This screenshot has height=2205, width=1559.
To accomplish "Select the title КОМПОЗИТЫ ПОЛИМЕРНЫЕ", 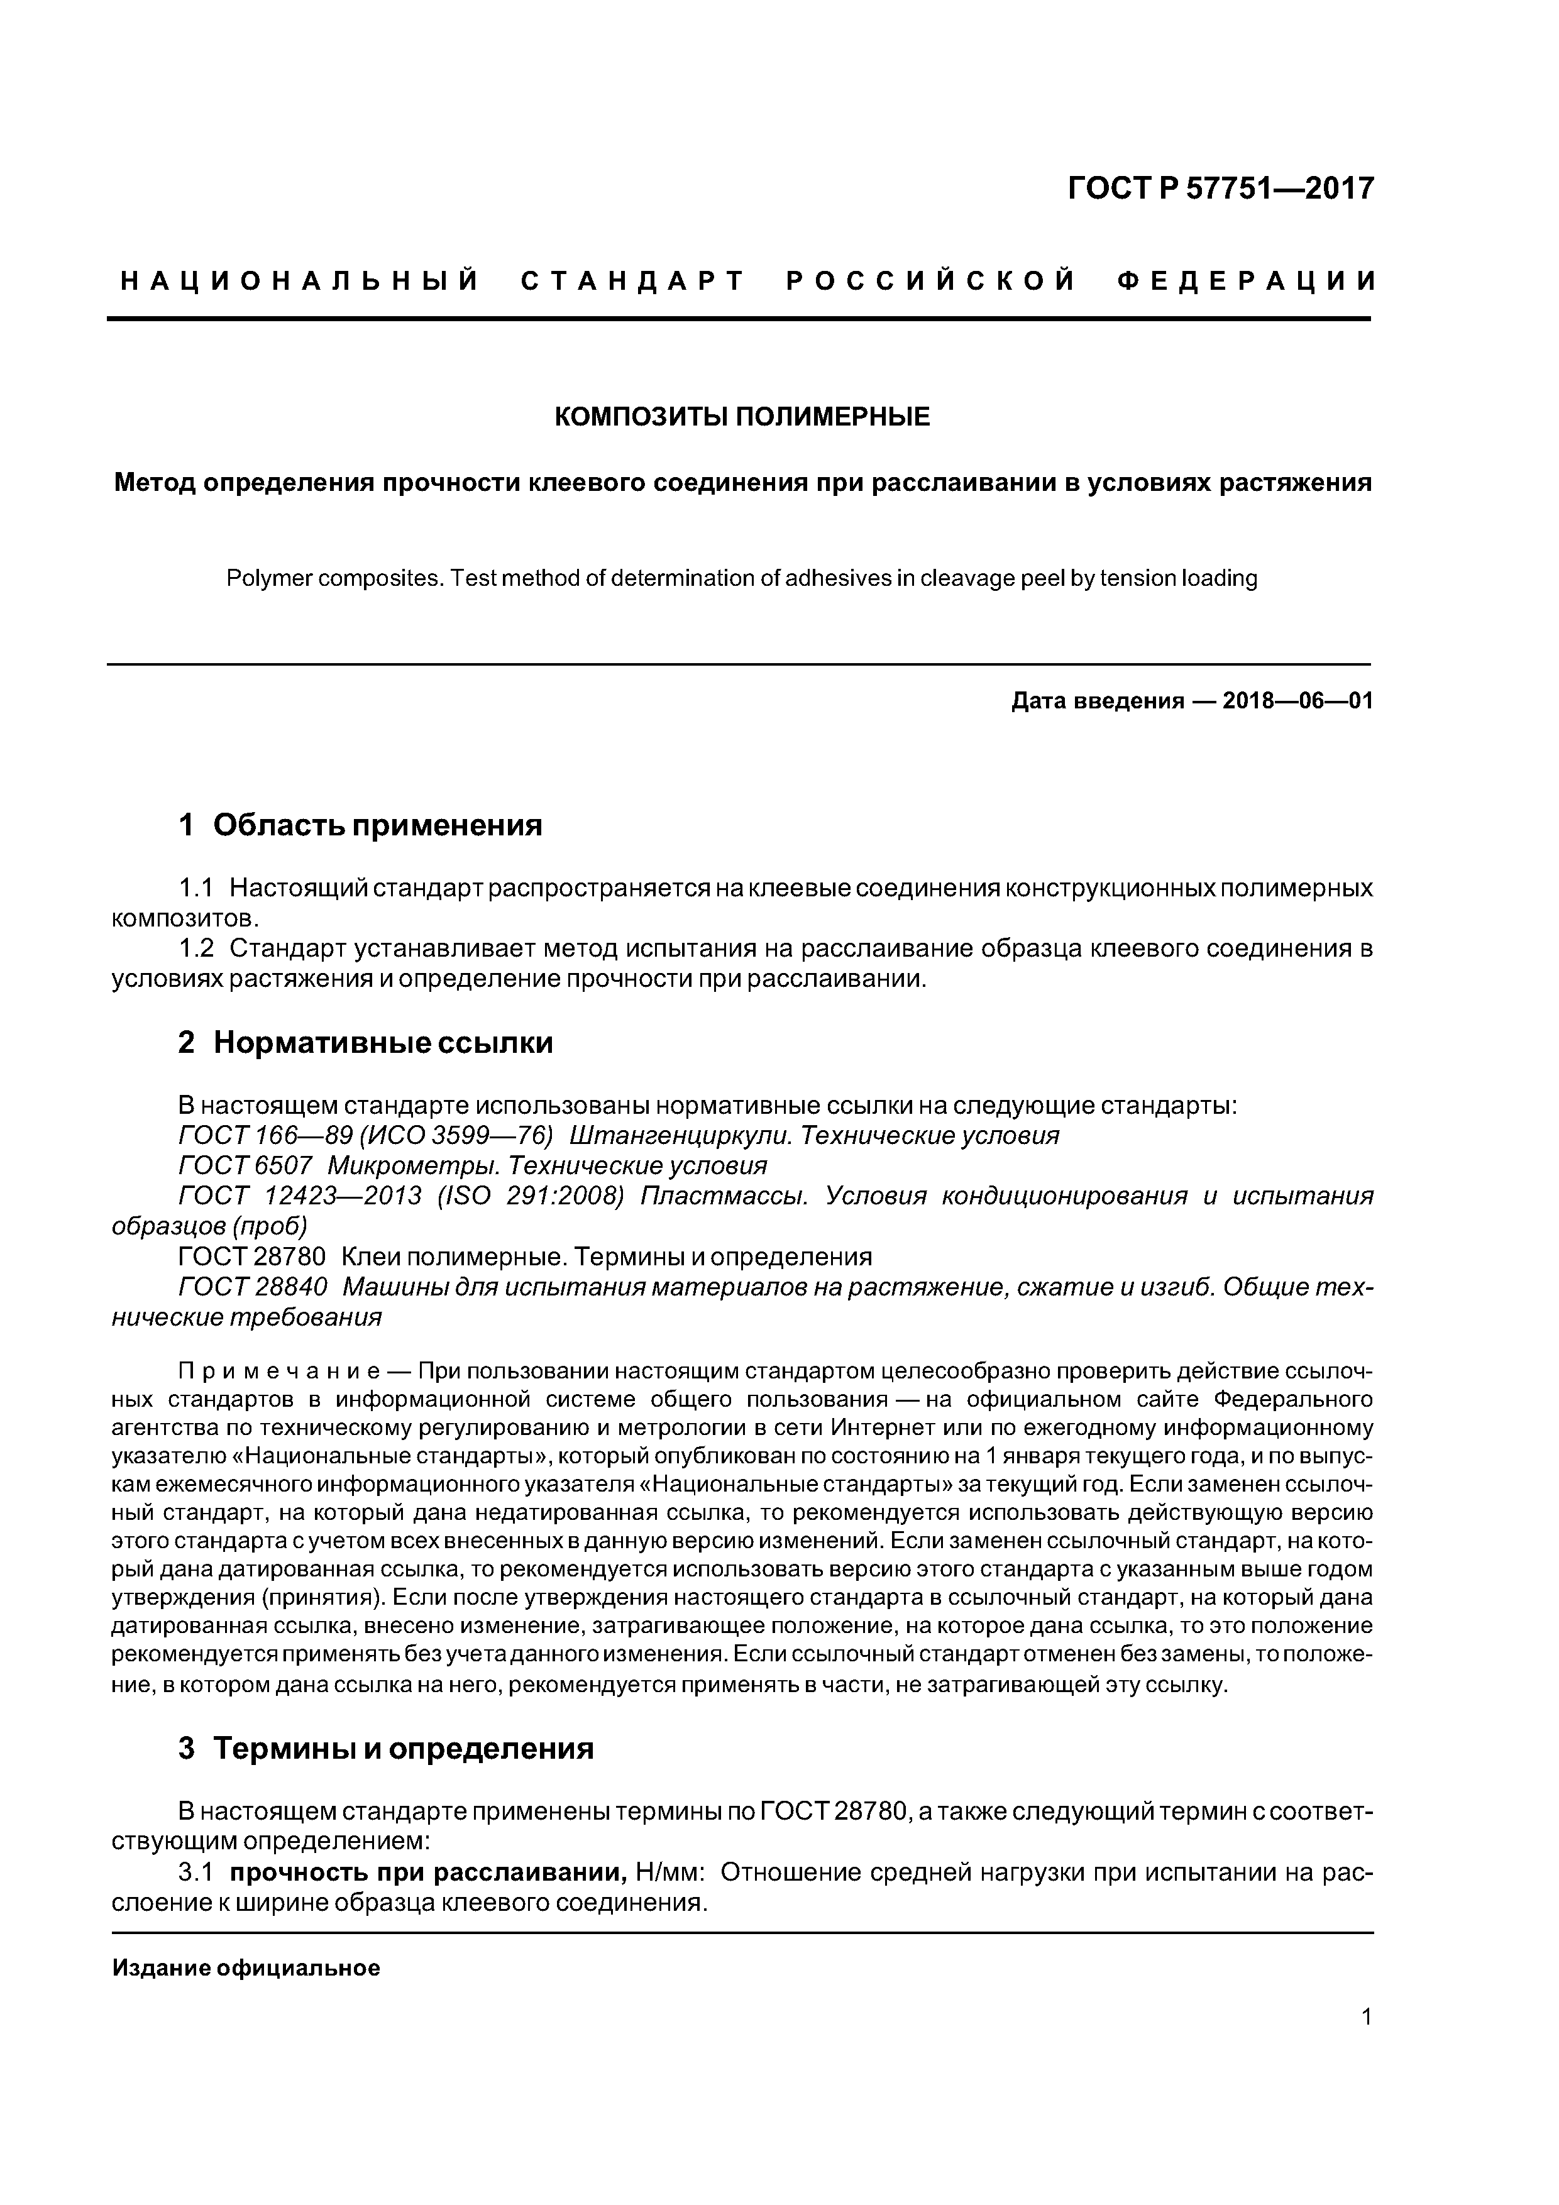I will tap(742, 417).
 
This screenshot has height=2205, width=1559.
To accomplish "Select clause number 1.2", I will tap(196, 949).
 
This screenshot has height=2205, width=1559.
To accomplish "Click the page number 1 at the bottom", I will tap(1366, 2016).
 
